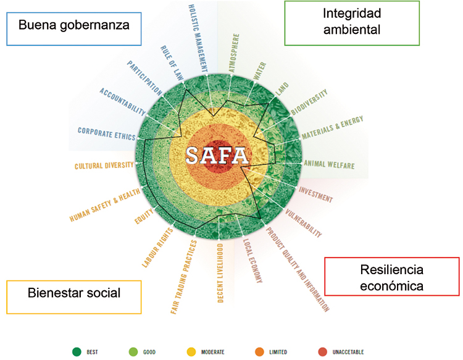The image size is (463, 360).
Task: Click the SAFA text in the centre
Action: (217, 156)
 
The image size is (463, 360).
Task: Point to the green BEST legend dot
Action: (77, 352)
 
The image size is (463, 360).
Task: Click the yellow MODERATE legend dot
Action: (191, 352)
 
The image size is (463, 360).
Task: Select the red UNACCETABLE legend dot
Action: (323, 352)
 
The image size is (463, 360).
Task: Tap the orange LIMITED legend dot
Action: (259, 352)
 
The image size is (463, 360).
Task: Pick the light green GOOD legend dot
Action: (133, 352)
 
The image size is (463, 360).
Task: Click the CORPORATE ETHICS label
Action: (107, 134)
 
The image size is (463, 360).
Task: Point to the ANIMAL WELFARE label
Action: (329, 165)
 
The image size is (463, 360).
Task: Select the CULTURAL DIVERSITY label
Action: (104, 165)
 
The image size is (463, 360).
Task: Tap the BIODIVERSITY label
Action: (309, 102)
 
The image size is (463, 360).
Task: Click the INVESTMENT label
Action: (315, 195)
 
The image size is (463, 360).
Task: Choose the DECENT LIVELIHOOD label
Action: (220, 273)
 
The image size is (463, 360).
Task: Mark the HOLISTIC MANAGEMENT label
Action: (198, 39)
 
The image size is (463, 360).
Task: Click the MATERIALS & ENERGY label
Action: (332, 128)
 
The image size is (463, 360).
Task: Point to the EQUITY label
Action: (144, 216)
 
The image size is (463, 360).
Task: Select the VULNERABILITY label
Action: (303, 223)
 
